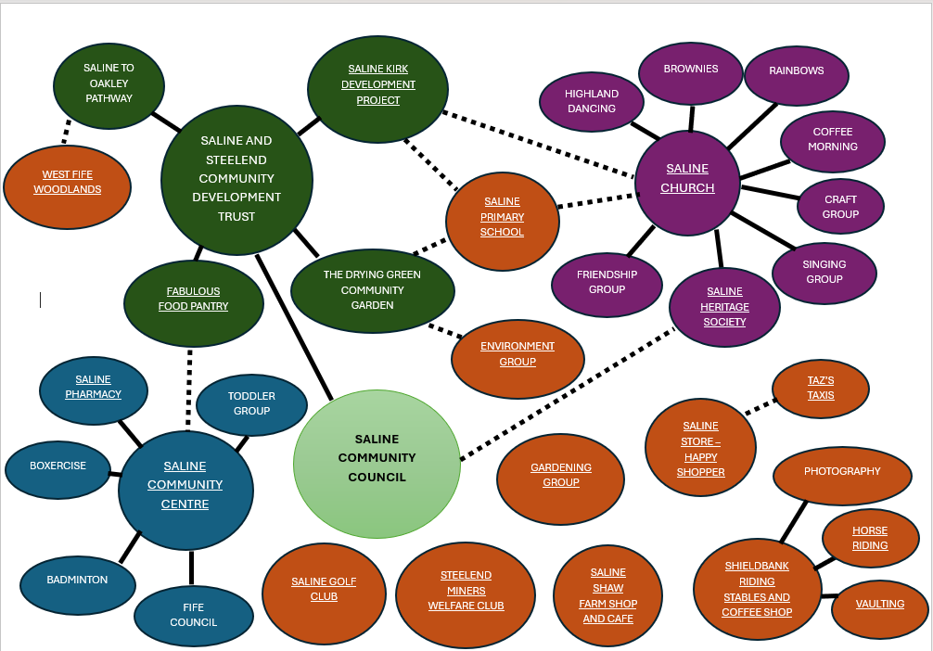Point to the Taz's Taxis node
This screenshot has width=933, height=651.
tap(821, 389)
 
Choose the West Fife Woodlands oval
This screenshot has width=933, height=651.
tap(68, 183)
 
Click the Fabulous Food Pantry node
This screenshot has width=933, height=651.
tap(193, 300)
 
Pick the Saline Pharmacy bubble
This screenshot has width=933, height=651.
tap(94, 388)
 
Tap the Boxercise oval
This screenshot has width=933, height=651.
tap(58, 466)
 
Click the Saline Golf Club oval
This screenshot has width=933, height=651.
tap(324, 590)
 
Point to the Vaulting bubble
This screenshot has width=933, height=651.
tap(880, 605)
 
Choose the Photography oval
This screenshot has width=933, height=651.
tap(842, 472)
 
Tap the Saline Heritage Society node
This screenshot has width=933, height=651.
tap(724, 307)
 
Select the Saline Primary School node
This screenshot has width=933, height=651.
tap(502, 218)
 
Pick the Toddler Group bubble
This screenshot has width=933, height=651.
tap(251, 404)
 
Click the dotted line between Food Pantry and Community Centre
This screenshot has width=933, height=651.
tap(190, 389)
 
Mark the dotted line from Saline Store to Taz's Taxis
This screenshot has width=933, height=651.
tap(760, 407)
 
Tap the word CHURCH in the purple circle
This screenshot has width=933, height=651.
tap(687, 188)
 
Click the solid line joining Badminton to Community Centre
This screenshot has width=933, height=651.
tap(129, 546)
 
